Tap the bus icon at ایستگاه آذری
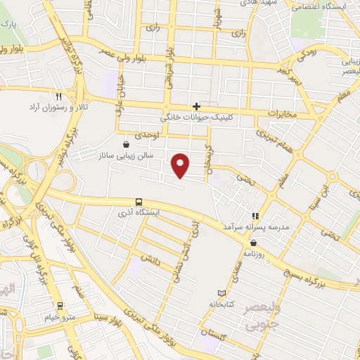[x=138, y=201]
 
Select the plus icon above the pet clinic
[x=196, y=106]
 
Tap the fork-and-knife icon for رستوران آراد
[x=59, y=96]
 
